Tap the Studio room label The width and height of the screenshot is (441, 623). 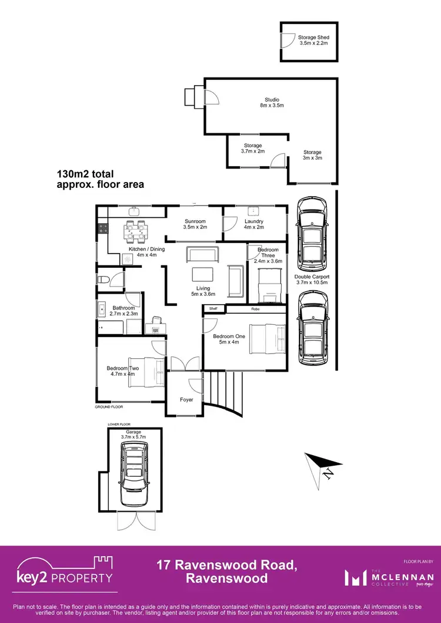(x=271, y=103)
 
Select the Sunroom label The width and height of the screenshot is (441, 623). (x=194, y=224)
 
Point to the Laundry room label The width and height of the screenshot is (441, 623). (x=253, y=224)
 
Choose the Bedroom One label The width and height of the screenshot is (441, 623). (x=226, y=339)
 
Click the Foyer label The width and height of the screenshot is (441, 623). (x=186, y=400)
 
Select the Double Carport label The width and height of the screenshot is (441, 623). (x=312, y=279)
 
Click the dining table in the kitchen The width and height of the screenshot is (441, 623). (x=135, y=231)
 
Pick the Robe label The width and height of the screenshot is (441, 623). (x=255, y=308)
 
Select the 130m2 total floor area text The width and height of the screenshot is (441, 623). (x=100, y=179)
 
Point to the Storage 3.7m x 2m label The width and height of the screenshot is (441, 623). (x=253, y=149)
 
